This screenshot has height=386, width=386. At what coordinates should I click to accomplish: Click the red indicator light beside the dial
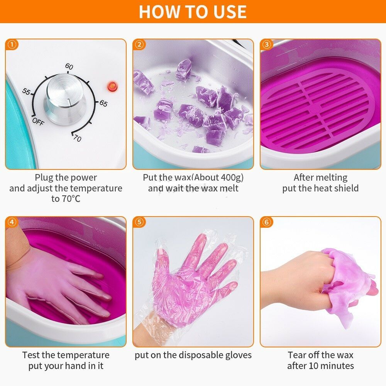click(112, 86)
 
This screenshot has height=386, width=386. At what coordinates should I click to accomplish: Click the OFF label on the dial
click(38, 121)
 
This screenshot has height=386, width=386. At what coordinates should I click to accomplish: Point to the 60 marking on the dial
click(69, 66)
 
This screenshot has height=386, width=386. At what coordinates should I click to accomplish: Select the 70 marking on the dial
click(77, 138)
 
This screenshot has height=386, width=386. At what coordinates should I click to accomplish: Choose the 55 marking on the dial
click(26, 91)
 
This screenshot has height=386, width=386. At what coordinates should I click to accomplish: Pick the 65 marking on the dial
click(103, 103)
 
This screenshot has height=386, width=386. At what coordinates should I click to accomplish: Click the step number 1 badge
click(12, 44)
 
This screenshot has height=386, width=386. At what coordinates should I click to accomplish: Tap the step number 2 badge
click(139, 44)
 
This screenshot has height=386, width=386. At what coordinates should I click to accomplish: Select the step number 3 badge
click(267, 44)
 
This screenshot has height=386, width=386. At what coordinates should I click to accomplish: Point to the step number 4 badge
click(12, 222)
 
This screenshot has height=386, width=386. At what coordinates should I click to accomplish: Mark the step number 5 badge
click(139, 222)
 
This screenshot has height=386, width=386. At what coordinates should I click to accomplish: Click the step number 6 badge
click(267, 222)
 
